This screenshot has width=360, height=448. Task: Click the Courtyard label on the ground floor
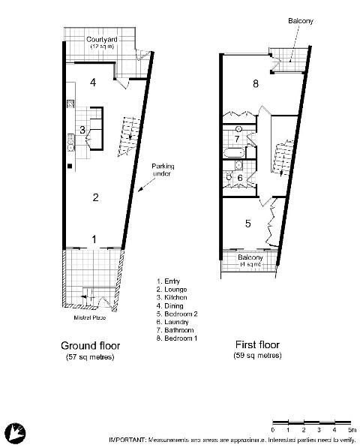point(99,38)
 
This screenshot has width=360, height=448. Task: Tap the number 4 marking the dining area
point(94,82)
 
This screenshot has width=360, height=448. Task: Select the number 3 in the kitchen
point(82,129)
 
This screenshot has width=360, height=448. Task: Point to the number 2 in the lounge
point(95,197)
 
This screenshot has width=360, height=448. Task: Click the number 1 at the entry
point(94,239)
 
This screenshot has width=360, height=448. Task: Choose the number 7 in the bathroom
point(236,138)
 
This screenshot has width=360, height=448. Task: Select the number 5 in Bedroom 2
point(247,222)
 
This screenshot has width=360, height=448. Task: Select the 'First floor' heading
point(257,346)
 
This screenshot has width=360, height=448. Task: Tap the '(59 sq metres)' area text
point(257,356)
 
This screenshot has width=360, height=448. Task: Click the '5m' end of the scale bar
point(350,428)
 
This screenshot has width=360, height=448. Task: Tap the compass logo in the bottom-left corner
point(16,432)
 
